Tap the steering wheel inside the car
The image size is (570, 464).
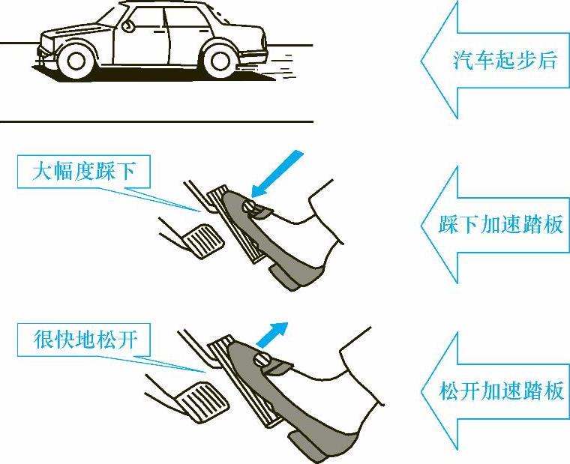point(127,26)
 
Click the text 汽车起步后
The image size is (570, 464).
point(505,60)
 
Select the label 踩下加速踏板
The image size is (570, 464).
point(501,224)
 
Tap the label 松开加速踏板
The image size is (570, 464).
point(501,391)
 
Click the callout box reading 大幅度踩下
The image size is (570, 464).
point(84,172)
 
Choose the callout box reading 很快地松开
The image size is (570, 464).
point(84,340)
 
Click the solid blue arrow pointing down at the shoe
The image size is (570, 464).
point(277,174)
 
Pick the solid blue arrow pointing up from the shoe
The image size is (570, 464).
point(272,334)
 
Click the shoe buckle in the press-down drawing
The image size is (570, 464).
point(256,210)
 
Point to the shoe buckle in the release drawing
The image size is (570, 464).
point(270,364)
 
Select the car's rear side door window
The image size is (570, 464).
point(188,17)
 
